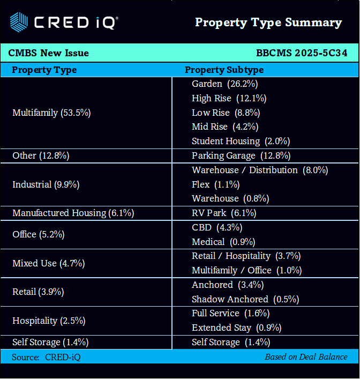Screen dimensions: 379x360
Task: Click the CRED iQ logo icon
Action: pyautogui.click(x=19, y=22)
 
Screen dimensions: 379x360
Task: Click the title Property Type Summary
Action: pyautogui.click(x=268, y=23)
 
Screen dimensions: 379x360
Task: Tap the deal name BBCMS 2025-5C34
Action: pyautogui.click(x=302, y=53)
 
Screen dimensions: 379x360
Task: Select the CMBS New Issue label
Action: pyautogui.click(x=49, y=53)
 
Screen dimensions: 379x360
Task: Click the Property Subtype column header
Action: pyautogui.click(x=224, y=70)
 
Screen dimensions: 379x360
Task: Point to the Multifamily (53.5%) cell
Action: pyautogui.click(x=51, y=113)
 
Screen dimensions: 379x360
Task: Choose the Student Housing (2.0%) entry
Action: pyautogui.click(x=241, y=142)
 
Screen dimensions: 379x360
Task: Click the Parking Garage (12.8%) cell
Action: pyautogui.click(x=241, y=156)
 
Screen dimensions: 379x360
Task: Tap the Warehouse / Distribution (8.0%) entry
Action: pyautogui.click(x=260, y=170)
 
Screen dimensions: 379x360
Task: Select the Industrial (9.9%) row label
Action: pyautogui.click(x=46, y=184)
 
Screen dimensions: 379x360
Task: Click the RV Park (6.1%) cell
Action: pyautogui.click(x=224, y=213)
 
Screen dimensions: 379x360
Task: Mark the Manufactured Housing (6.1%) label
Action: pyautogui.click(x=73, y=213)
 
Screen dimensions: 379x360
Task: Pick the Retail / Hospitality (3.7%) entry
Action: pyautogui.click(x=246, y=256)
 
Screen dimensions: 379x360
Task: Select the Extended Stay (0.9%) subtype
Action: pyautogui.click(x=236, y=328)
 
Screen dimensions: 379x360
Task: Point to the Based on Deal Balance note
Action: pyautogui.click(x=306, y=356)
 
